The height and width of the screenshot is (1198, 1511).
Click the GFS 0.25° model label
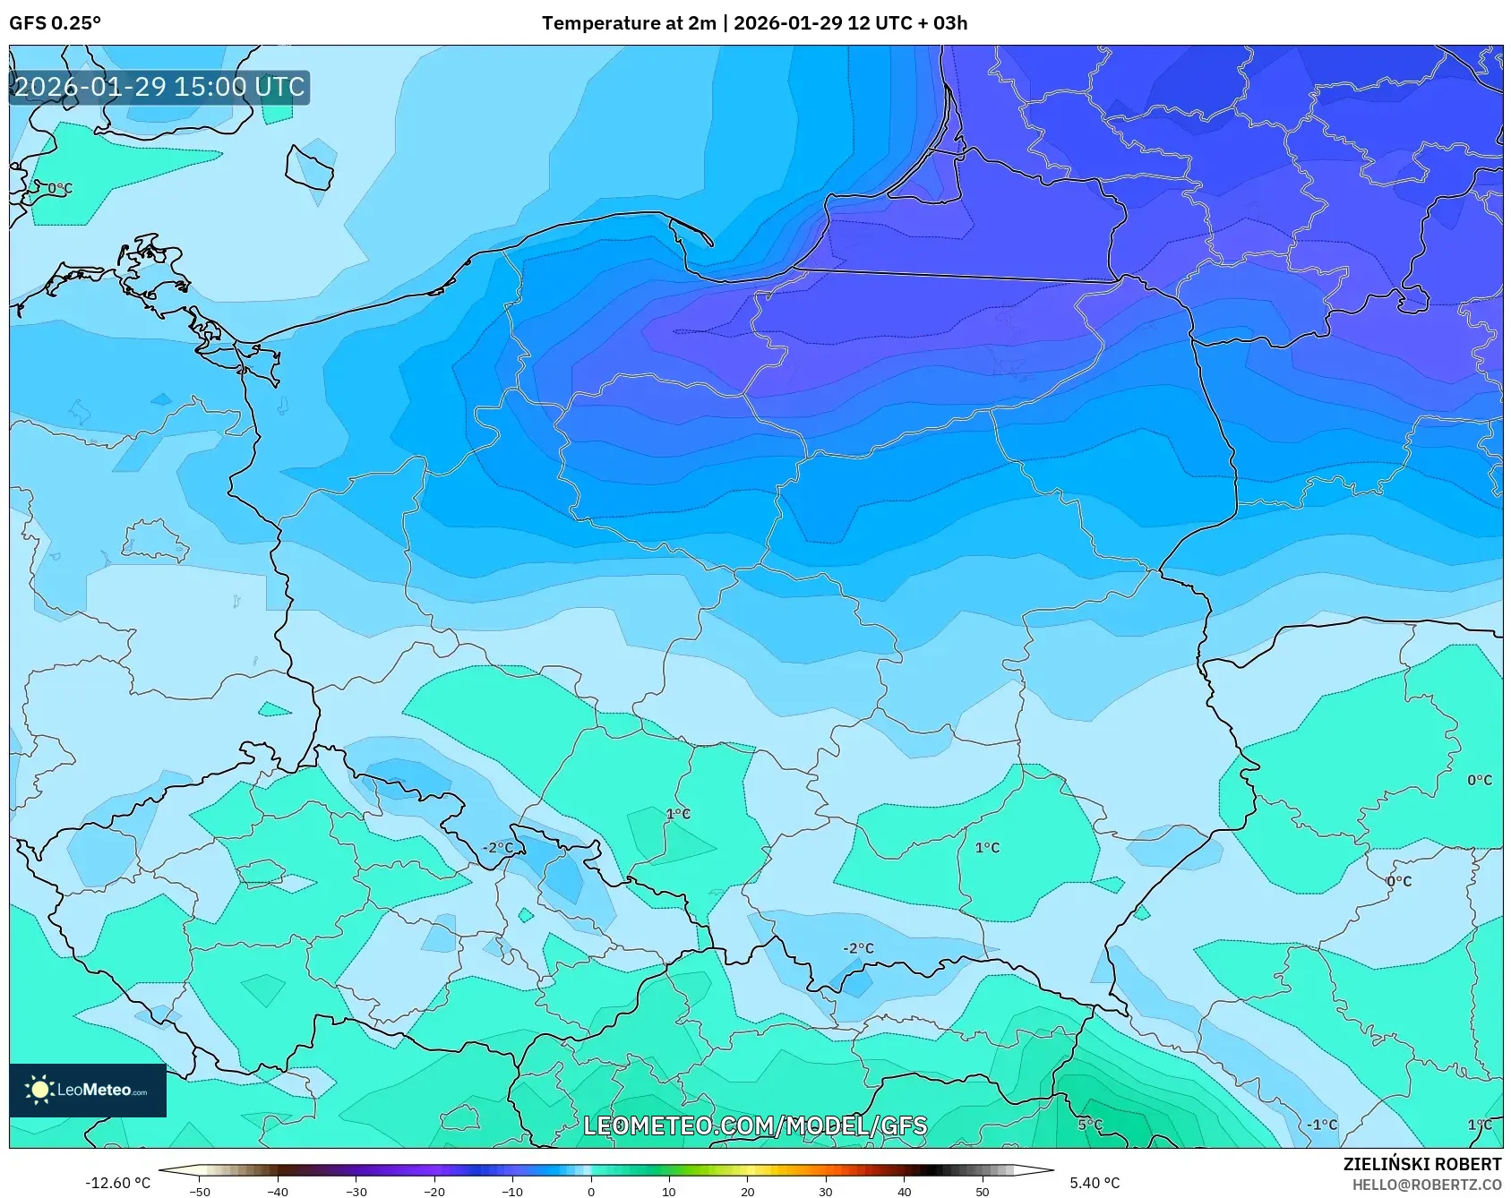click(x=55, y=23)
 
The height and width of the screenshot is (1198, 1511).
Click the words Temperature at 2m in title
click(x=628, y=23)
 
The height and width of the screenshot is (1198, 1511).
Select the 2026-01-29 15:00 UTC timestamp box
click(x=159, y=88)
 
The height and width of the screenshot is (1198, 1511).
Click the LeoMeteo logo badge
click(x=88, y=1090)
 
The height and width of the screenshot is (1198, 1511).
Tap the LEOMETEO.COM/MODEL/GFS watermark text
click(x=755, y=1125)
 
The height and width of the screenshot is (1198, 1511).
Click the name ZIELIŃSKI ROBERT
click(x=1421, y=1164)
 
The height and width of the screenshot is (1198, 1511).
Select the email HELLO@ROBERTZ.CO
click(x=1426, y=1185)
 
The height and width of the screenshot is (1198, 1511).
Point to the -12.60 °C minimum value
click(x=117, y=1183)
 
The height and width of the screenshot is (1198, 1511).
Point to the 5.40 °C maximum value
click(x=1095, y=1183)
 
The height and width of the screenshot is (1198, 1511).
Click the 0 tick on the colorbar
click(x=590, y=1191)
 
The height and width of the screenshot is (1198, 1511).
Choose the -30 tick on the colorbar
click(x=356, y=1191)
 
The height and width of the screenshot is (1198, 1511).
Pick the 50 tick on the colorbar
click(x=982, y=1191)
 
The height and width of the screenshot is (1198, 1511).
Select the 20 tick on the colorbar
click(x=747, y=1191)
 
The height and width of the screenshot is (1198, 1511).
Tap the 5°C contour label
click(x=1090, y=1125)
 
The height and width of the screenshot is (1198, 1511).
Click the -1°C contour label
click(x=1321, y=1125)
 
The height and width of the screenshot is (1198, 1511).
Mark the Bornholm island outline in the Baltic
click(x=310, y=168)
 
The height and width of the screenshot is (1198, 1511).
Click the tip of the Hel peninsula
click(x=711, y=244)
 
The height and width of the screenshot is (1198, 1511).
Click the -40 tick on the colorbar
click(x=279, y=1191)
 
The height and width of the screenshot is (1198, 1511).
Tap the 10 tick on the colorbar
click(x=668, y=1191)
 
